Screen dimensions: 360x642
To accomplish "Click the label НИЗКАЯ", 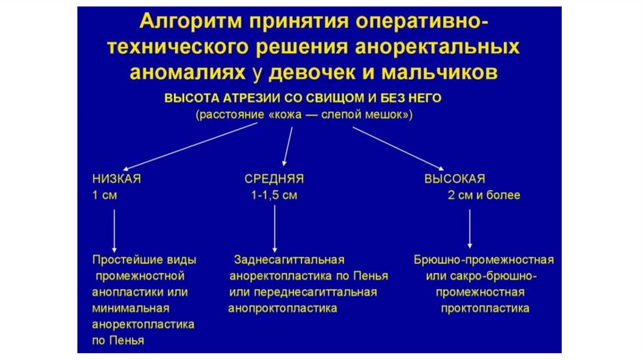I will point(117,179).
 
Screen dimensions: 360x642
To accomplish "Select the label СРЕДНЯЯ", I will point(274,179).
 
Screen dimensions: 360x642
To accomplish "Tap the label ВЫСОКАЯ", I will point(455,179).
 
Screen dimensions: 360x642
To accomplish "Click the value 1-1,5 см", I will point(274,196).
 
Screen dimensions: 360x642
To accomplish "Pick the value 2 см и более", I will point(483,196).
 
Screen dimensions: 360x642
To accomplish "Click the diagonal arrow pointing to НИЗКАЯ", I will point(188,147).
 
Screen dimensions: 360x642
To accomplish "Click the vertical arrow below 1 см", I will point(114,229).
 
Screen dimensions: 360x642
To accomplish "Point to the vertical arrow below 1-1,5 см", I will point(275,229).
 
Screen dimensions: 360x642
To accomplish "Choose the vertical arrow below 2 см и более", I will point(470,229).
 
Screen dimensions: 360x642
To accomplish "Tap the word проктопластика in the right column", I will point(485,309).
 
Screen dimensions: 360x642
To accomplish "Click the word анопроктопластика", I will point(283,309).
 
